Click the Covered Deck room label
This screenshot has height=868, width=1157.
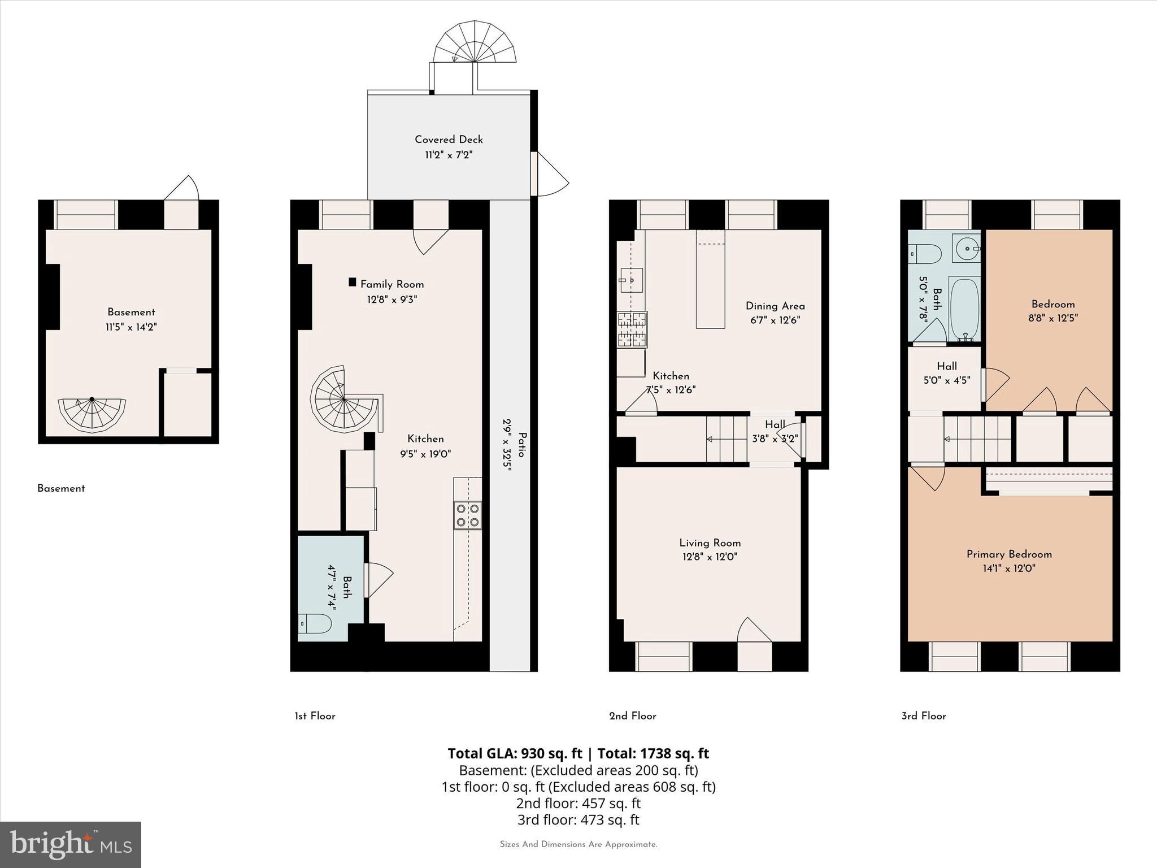(449, 140)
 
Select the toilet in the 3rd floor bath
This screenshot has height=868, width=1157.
(925, 254)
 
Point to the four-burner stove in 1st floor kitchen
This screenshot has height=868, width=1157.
(468, 515)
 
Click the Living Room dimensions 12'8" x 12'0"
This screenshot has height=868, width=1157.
(710, 557)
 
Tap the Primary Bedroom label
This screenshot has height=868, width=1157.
(1009, 554)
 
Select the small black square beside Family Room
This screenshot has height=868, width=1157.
(353, 282)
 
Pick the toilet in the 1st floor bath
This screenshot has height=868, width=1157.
(315, 624)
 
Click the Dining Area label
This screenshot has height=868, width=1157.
(775, 306)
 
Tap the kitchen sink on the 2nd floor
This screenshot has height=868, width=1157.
(632, 280)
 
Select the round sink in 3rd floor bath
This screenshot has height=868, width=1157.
(966, 248)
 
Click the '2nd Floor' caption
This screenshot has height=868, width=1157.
(632, 716)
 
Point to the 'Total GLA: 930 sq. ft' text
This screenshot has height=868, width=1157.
(515, 753)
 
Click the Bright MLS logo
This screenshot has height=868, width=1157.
(71, 844)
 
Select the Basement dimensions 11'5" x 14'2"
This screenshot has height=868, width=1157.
(131, 327)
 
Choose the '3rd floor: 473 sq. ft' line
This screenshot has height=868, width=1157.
(578, 819)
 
